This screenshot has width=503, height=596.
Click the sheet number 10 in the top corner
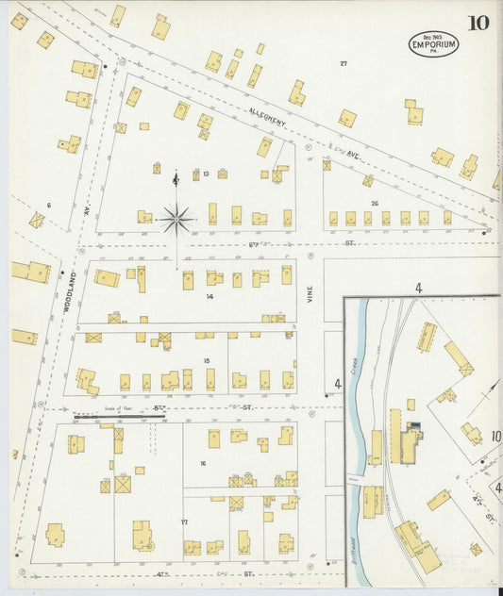[478, 22]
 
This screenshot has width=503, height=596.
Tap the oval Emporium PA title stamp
[433, 43]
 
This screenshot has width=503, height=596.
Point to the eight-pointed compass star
[176, 219]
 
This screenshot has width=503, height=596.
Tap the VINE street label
[309, 294]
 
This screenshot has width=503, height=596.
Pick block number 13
[205, 174]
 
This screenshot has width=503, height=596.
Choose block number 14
[210, 296]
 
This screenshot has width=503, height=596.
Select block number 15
[206, 361]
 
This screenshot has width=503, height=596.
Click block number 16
[202, 463]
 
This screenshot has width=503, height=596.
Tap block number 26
[375, 204]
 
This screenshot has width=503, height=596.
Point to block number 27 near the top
[344, 63]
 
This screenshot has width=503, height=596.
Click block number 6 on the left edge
[48, 205]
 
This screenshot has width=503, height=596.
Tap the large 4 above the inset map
[416, 287]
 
